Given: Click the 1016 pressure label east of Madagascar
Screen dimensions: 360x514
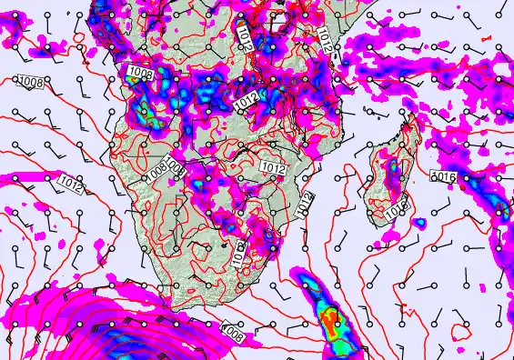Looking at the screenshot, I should [442, 177].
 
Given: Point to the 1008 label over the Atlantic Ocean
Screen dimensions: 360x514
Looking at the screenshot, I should [31, 83].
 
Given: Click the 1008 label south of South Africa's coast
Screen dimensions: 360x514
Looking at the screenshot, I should [233, 335].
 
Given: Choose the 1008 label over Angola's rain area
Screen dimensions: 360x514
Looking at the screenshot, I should [140, 72].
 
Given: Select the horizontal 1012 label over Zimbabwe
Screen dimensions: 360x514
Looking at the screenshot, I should [272, 168].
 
